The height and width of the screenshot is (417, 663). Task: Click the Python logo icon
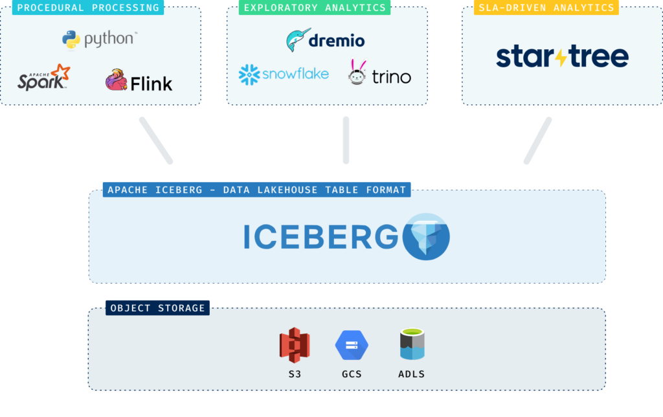(71, 40)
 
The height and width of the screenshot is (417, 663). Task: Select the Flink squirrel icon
(117, 80)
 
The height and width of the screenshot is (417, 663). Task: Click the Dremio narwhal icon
(298, 40)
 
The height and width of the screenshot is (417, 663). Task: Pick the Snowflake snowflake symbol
(249, 75)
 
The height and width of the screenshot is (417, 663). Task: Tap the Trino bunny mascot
(357, 73)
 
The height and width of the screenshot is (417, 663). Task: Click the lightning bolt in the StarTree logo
(561, 57)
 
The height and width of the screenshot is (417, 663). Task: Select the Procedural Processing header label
(87, 8)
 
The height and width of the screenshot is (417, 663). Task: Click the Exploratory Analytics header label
(315, 8)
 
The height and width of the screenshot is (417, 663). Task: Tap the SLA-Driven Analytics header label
(546, 8)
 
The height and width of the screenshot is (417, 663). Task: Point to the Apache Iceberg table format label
(256, 190)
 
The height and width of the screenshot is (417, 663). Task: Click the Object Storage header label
(157, 308)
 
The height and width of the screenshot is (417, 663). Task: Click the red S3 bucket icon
(295, 345)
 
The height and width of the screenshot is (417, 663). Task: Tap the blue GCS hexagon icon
(352, 345)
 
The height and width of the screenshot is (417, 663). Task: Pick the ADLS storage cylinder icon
(412, 344)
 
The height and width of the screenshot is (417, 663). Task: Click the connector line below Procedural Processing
(156, 140)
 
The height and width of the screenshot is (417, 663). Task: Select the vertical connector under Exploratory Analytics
(346, 140)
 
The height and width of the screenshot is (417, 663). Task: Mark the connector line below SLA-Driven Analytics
(537, 140)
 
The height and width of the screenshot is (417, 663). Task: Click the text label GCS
(352, 374)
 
